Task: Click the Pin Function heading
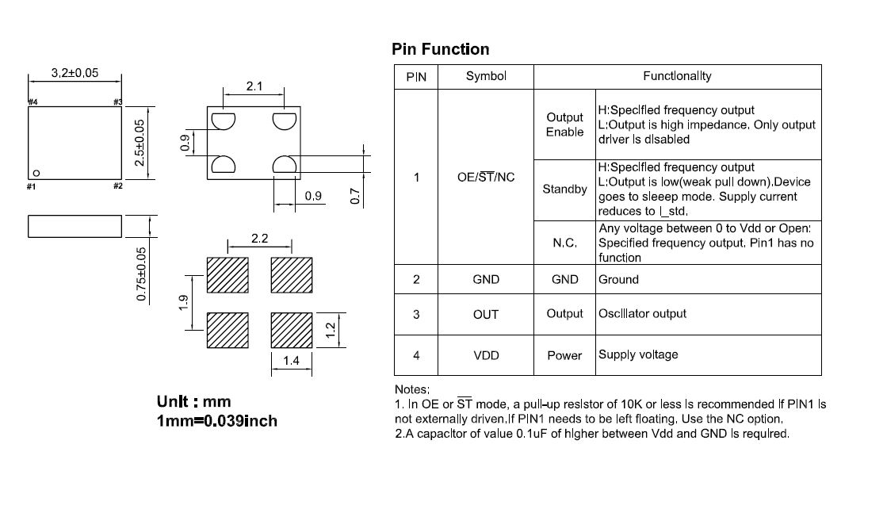(x=440, y=49)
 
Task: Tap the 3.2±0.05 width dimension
(x=75, y=73)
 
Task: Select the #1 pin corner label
(x=32, y=186)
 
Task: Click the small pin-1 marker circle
(x=36, y=173)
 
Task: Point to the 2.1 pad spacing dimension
(x=254, y=86)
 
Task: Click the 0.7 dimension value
(x=354, y=197)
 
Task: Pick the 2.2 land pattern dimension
(x=260, y=239)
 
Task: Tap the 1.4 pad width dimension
(x=292, y=360)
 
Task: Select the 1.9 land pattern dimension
(x=183, y=303)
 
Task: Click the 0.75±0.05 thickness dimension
(x=141, y=274)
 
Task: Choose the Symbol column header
(x=486, y=76)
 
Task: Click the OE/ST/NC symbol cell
(x=486, y=177)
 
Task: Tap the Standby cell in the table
(x=564, y=189)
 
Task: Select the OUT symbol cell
(x=486, y=315)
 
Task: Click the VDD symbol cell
(x=486, y=355)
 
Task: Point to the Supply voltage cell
(x=638, y=354)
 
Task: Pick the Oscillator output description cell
(x=642, y=313)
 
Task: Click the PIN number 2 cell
(x=416, y=279)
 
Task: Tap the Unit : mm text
(x=193, y=401)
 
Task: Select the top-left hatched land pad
(x=227, y=275)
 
